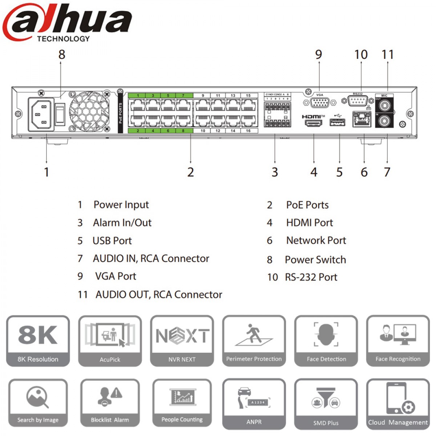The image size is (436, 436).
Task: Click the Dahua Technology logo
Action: pos(67,22)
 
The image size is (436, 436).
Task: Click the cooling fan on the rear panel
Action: pos(89,111)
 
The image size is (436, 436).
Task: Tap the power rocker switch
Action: pos(60,114)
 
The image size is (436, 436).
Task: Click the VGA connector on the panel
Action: pos(320,103)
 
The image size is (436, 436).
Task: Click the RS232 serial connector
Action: pos(358,101)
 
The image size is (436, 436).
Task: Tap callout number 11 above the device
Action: pos(388,55)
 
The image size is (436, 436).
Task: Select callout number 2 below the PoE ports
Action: pos(190,172)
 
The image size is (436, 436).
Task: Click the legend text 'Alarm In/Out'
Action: pos(122,223)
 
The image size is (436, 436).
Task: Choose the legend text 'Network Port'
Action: pos(316,241)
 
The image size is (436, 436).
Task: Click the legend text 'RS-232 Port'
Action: pos(311,277)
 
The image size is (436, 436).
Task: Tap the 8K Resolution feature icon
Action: pos(38,341)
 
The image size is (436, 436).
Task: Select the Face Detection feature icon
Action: pos(326,341)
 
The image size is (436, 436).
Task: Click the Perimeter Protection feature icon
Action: pos(254,341)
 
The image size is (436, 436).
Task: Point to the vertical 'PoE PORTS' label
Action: pos(120,113)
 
